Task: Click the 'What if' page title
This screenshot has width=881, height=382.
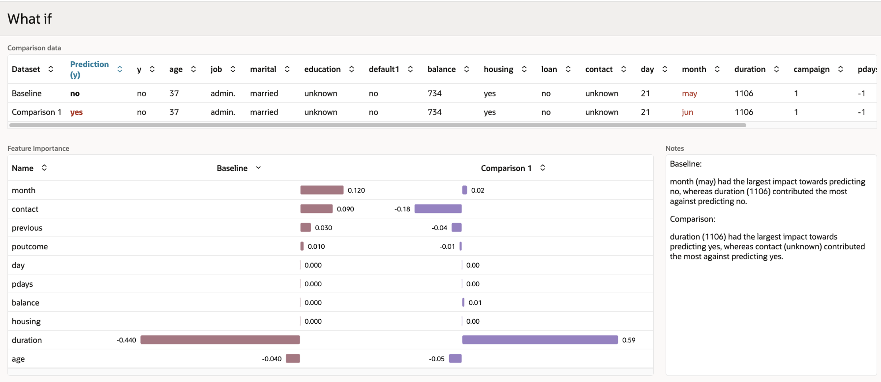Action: [29, 18]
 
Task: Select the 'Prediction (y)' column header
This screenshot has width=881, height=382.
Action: [89, 69]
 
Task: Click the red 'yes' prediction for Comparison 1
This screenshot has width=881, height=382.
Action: [76, 112]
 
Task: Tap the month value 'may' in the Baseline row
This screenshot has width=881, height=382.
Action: [689, 94]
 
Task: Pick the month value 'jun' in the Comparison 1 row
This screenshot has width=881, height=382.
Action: [687, 112]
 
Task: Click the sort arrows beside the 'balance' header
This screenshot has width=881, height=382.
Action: [467, 69]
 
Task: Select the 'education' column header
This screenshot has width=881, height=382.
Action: [322, 69]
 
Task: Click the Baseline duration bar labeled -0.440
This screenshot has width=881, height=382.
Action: [220, 340]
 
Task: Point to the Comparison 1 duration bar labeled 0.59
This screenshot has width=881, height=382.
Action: [540, 340]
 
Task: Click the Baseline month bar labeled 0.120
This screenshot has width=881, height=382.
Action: [322, 190]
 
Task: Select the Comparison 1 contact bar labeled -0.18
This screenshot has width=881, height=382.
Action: [438, 209]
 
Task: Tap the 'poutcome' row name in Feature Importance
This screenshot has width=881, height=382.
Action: [30, 246]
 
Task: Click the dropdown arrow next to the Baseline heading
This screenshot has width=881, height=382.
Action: [258, 168]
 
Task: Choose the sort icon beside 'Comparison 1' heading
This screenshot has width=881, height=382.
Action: [543, 168]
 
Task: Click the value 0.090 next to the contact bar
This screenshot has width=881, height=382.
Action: [345, 209]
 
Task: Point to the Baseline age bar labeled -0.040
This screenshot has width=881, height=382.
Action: [293, 358]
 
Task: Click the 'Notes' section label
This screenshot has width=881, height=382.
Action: [675, 148]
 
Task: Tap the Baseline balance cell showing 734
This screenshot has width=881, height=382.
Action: [434, 94]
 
